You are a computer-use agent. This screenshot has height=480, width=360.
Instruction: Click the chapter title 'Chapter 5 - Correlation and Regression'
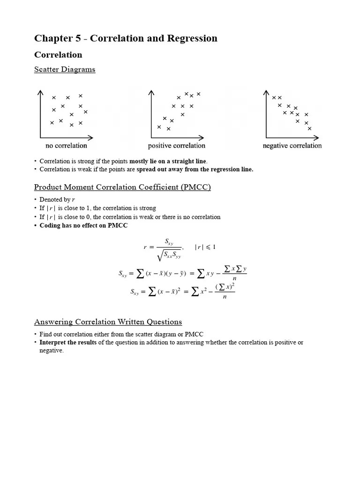coord(126,38)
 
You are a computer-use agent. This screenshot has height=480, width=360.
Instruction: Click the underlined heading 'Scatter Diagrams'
coord(65,69)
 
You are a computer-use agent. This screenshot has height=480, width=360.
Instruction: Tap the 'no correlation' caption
coord(66,146)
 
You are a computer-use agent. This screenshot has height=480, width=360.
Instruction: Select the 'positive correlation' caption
coord(177,146)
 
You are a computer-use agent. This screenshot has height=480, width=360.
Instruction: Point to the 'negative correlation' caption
coord(292,146)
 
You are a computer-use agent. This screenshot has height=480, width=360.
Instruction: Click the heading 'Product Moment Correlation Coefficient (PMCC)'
coord(122,187)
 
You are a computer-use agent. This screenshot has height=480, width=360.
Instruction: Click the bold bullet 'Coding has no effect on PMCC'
coord(83,225)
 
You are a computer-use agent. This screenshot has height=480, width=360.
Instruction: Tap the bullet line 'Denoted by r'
coord(57,199)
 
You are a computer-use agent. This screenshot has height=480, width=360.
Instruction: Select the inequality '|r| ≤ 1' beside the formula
coord(205,247)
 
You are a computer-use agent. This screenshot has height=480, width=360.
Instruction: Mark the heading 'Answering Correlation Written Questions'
coord(108,322)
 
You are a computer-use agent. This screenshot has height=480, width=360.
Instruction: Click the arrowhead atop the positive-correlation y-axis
coord(151,92)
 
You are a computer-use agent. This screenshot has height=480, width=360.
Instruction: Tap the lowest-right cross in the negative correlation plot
coord(309,128)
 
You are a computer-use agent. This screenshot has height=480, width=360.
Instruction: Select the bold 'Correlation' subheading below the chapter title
coord(58,55)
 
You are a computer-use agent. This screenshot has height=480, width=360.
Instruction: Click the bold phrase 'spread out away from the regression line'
coord(194,170)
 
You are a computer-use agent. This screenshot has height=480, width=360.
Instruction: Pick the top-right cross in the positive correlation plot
coord(198,94)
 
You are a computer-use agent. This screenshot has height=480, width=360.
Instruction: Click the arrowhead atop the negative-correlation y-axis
coord(267,92)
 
